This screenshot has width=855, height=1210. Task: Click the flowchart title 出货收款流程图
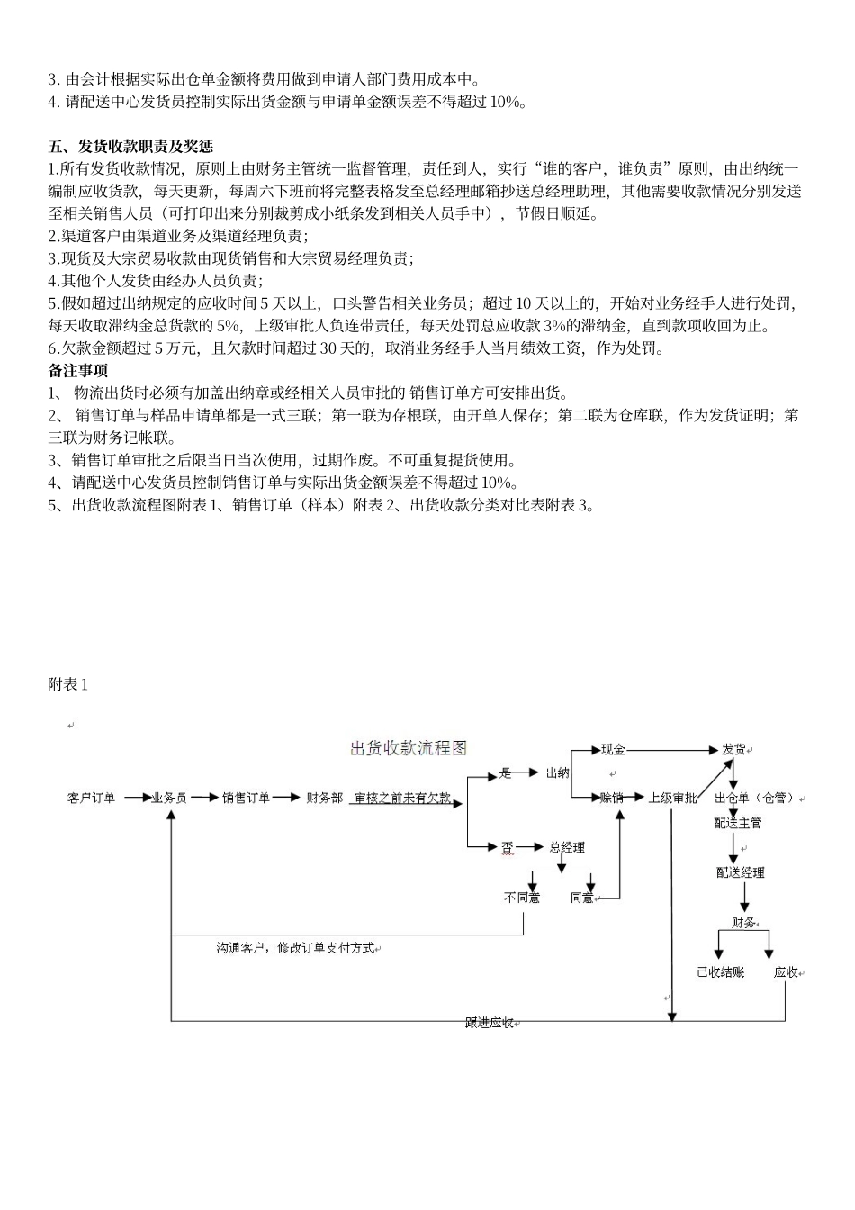pos(409,748)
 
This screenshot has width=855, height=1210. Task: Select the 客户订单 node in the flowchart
pos(91,797)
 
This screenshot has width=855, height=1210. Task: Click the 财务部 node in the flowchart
pos(325,797)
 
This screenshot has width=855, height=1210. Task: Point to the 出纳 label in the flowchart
pos(558,772)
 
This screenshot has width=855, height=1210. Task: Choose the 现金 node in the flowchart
pos(613,749)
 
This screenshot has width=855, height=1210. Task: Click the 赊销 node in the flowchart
pos(613,797)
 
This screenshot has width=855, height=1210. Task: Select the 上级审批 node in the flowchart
pos(672,797)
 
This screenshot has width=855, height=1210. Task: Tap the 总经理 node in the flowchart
pos(567,847)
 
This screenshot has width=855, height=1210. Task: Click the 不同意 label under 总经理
pos(522,898)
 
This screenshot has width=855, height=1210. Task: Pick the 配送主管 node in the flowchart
pos(738,822)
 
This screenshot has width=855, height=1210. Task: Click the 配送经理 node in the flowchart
pos(741,872)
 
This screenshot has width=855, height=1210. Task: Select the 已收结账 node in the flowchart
pos(721,972)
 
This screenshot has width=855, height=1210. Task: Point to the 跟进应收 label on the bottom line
pos(490,1022)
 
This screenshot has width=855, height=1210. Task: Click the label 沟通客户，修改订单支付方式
pos(295,948)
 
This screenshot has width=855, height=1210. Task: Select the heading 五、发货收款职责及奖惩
pos(130,146)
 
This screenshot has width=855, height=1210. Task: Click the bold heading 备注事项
pos(78,370)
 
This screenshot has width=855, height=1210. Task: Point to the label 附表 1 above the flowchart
pos(68,684)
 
